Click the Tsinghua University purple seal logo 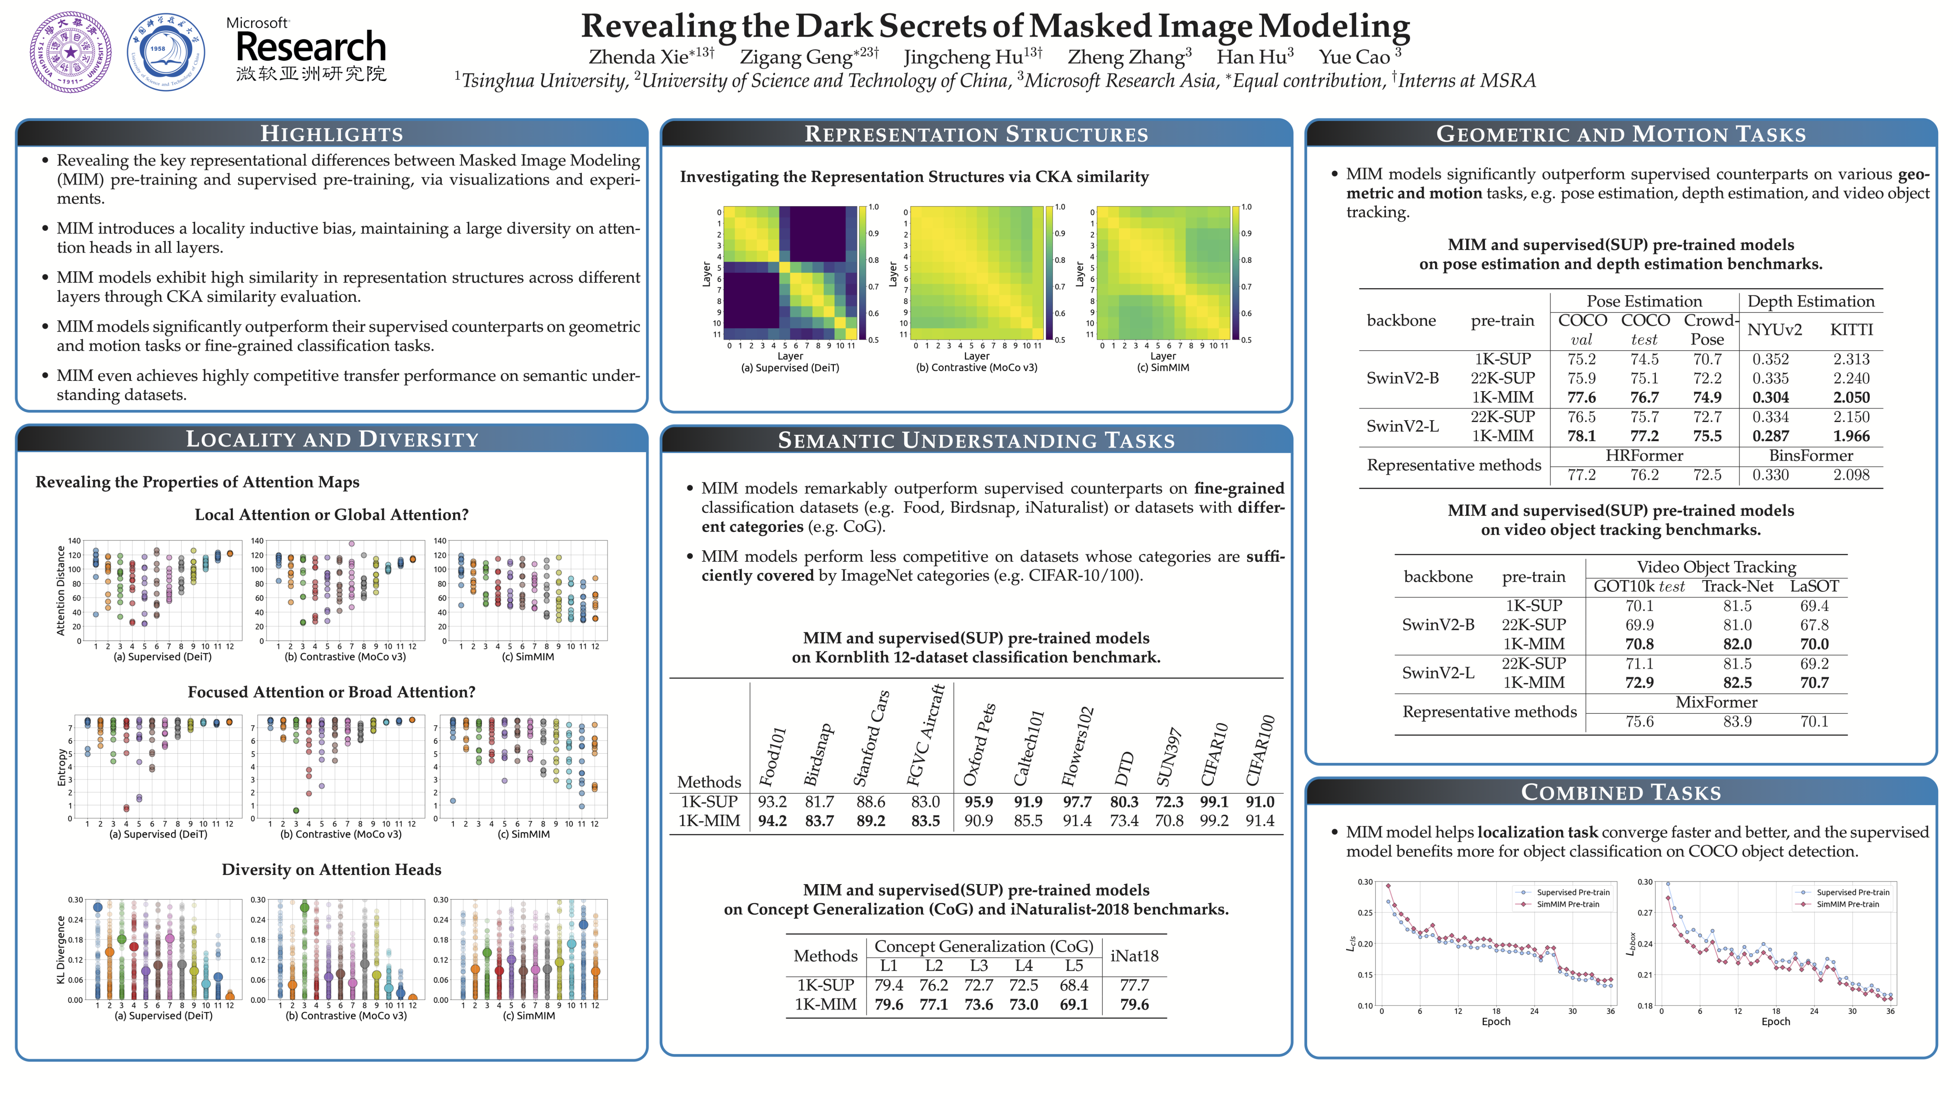(71, 52)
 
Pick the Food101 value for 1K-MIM (772, 821)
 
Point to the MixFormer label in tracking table (1716, 702)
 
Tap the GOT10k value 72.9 (1639, 683)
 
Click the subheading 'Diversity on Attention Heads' (331, 870)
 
